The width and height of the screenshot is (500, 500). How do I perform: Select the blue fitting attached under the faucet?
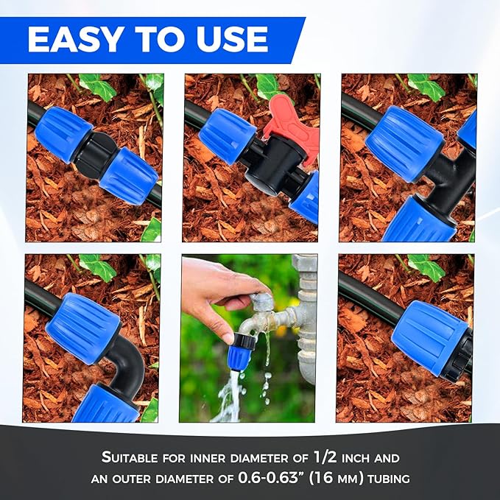click(x=241, y=351)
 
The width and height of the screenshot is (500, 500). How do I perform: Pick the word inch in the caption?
click(x=358, y=457)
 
